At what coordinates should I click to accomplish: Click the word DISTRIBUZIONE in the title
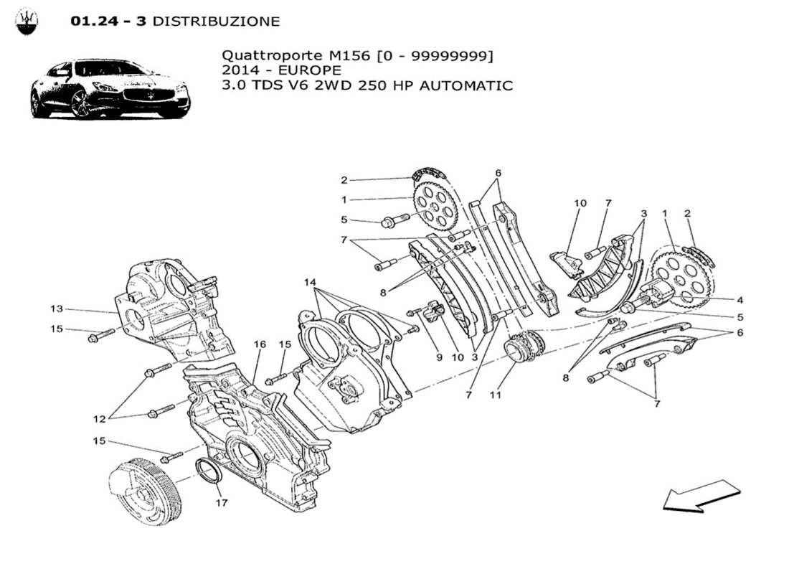click(216, 22)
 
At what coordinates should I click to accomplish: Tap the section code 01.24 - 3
click(108, 22)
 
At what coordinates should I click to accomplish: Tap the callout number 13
click(57, 309)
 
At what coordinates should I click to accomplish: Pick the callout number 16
click(259, 344)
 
